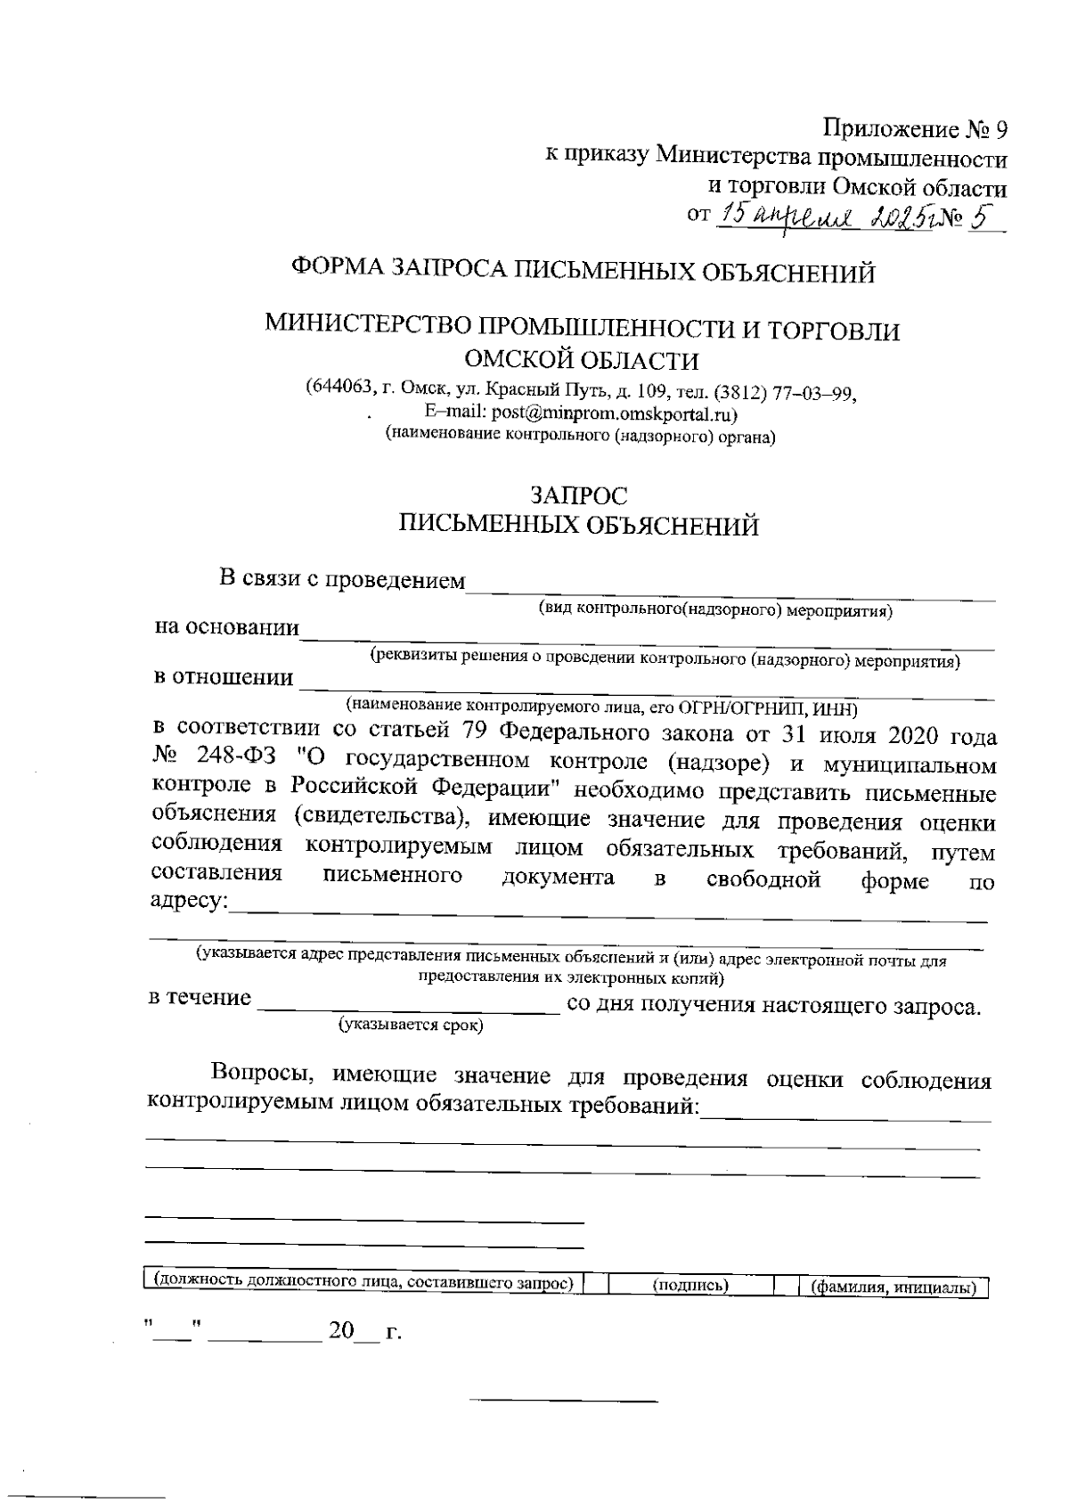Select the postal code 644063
[337, 389]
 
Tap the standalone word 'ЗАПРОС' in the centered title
[578, 494]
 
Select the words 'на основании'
[226, 627]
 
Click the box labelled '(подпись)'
[690, 1286]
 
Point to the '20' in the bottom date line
[341, 1332]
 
